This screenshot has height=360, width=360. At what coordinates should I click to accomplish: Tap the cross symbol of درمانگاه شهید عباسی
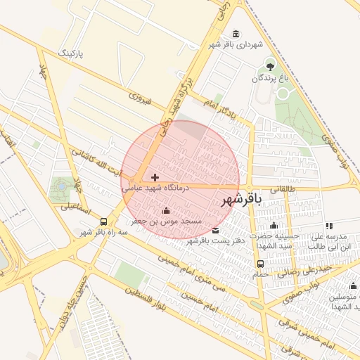click(x=155, y=177)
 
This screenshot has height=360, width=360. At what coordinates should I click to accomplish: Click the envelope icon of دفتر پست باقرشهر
click(x=215, y=231)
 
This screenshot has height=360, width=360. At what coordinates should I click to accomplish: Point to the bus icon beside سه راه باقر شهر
click(x=104, y=221)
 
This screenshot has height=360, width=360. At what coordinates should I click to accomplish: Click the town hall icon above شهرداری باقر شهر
click(x=234, y=34)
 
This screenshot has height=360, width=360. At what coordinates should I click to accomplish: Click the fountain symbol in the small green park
click(x=61, y=186)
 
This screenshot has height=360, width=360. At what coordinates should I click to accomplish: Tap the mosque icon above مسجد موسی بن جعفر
click(x=166, y=211)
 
